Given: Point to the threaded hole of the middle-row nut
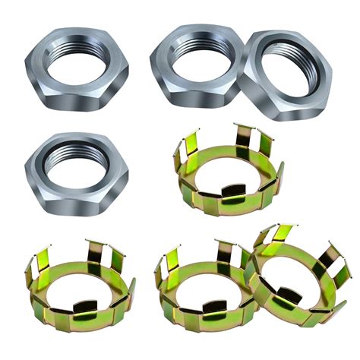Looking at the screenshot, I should pos(77,161).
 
